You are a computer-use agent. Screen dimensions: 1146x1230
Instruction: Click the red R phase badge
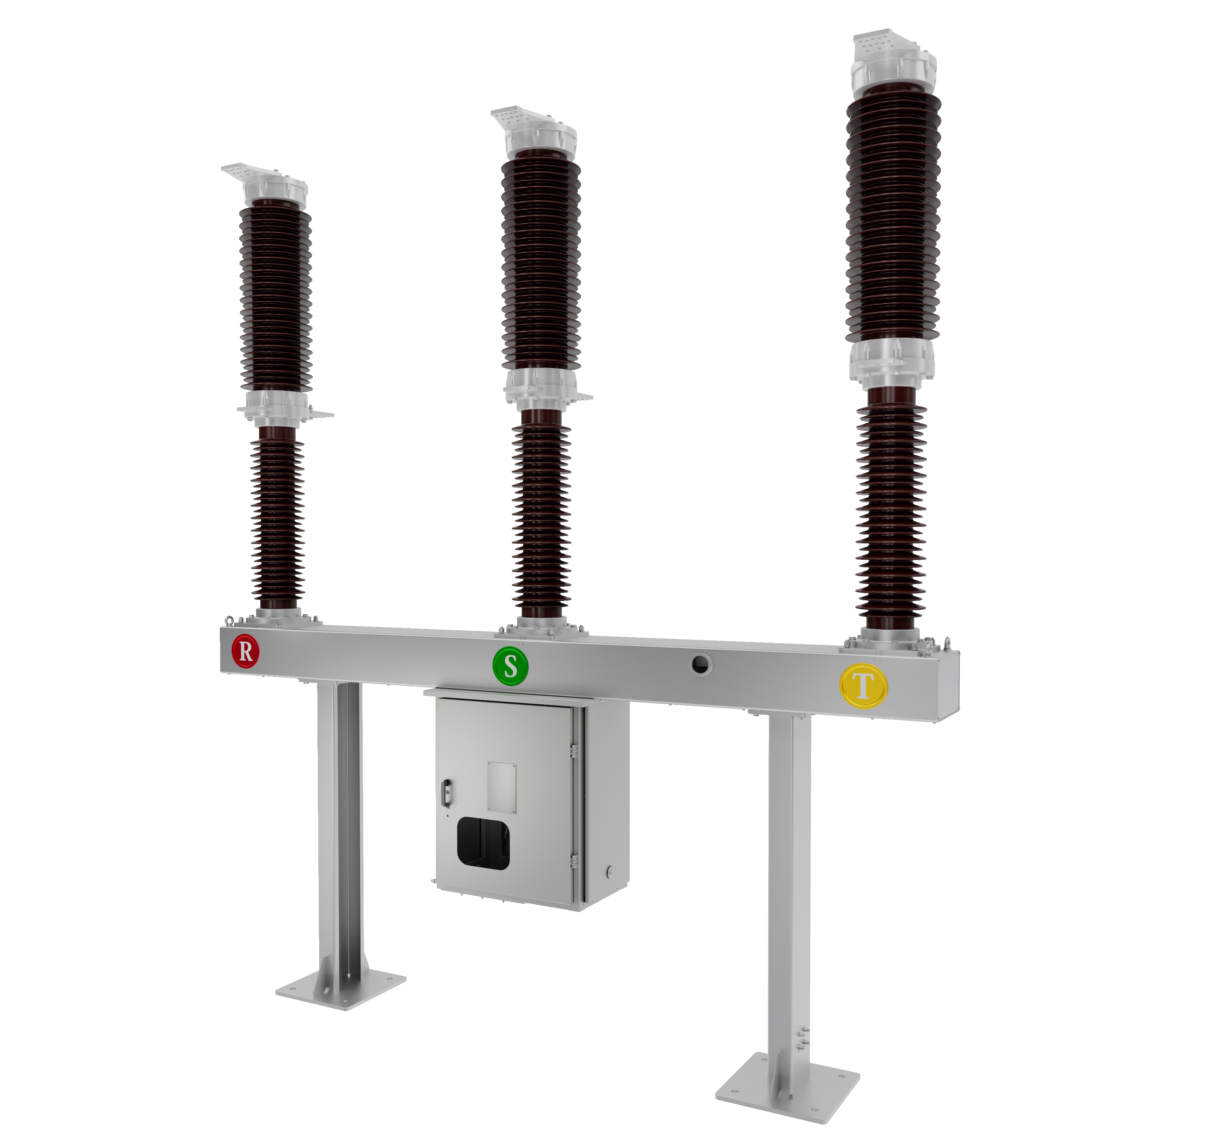click(245, 651)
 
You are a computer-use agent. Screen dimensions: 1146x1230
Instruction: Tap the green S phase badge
click(510, 667)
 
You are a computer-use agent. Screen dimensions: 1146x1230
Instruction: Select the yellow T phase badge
click(863, 685)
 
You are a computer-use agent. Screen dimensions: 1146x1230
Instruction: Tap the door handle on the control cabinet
click(446, 794)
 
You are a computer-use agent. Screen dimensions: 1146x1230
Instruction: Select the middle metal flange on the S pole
click(541, 387)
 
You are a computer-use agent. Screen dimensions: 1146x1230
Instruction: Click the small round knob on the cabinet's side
click(609, 872)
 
